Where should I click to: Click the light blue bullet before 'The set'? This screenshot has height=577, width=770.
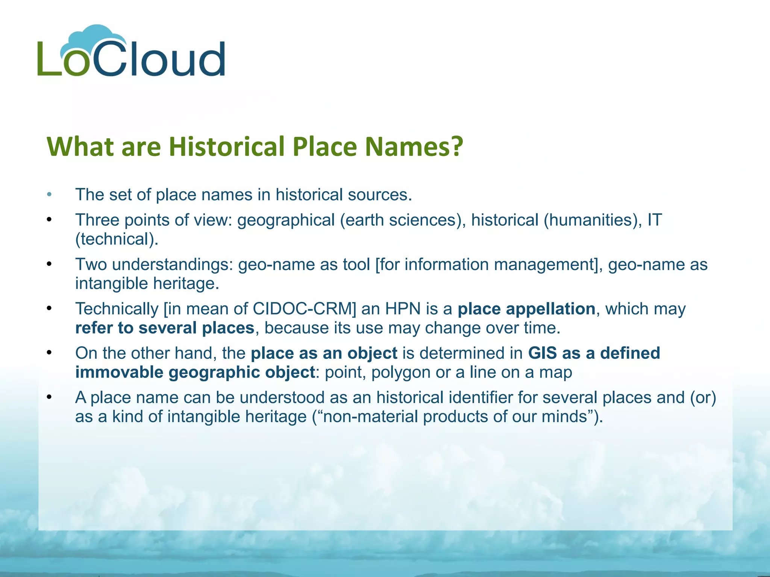click(49, 195)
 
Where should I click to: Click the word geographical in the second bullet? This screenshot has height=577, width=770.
click(286, 220)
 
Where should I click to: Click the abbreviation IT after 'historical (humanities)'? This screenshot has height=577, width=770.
click(654, 220)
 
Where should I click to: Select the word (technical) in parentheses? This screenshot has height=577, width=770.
click(117, 239)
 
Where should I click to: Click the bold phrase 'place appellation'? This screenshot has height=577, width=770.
click(526, 309)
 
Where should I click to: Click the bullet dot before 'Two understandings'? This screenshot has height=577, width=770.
click(49, 264)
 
